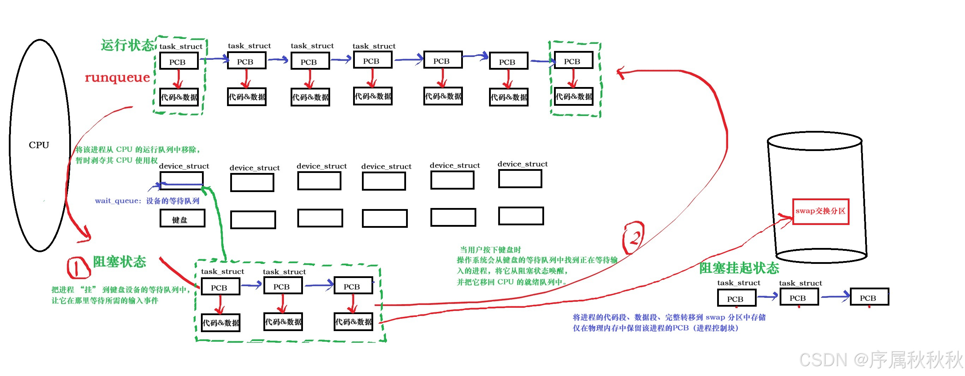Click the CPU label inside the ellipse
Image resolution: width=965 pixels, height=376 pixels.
[39, 145]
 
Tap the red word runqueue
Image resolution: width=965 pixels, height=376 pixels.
[117, 78]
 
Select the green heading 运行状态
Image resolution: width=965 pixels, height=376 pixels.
[127, 45]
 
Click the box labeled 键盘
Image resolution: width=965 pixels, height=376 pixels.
[183, 218]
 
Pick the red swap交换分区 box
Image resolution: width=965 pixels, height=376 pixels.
[820, 212]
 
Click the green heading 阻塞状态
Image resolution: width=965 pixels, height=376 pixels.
[119, 261]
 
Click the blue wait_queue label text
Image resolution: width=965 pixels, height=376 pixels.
[147, 201]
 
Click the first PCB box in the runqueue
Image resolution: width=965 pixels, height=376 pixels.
[179, 61]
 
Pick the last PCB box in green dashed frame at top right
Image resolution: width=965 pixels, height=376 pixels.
[573, 61]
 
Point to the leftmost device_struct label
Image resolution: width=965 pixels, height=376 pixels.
[184, 166]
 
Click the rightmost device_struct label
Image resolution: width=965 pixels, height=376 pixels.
[522, 164]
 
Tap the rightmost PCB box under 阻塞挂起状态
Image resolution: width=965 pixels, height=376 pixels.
[869, 297]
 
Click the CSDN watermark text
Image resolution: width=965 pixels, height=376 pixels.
[880, 359]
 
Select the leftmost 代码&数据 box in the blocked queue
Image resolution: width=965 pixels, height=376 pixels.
[220, 323]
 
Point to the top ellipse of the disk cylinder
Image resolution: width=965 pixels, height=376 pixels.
[814, 141]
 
